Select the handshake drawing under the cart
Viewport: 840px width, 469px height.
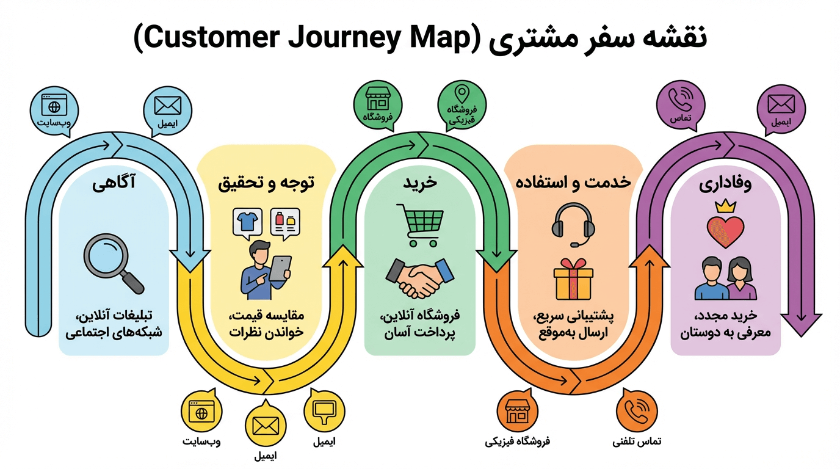click(419, 277)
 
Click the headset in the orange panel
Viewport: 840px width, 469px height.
click(573, 224)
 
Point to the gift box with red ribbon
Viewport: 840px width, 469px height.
click(573, 279)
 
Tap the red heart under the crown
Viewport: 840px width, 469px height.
click(725, 230)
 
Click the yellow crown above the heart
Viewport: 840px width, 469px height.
click(725, 205)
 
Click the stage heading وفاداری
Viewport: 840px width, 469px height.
click(725, 184)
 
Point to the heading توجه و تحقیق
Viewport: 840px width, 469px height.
click(266, 183)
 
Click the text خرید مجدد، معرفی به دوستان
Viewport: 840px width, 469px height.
click(725, 324)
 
